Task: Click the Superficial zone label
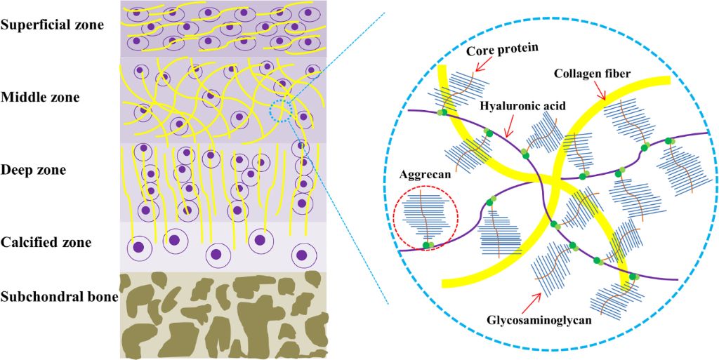pyautogui.click(x=52, y=25)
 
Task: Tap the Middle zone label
pyautogui.click(x=40, y=97)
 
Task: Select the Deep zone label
pyautogui.click(x=34, y=170)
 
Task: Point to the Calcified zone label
pyautogui.click(x=46, y=243)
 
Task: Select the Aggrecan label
pyautogui.click(x=422, y=172)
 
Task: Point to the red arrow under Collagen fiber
pyautogui.click(x=600, y=90)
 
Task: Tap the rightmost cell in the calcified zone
pyautogui.click(x=304, y=253)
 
